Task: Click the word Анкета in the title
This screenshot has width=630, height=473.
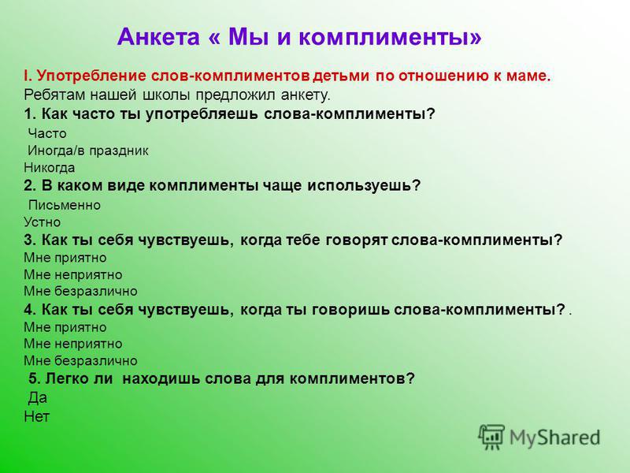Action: tap(158, 36)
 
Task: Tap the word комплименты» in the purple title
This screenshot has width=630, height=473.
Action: tap(390, 37)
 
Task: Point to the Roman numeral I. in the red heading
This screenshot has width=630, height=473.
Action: tap(28, 76)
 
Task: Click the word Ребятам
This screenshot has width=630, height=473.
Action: tap(54, 95)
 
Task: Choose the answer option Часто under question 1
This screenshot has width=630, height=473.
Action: tap(47, 133)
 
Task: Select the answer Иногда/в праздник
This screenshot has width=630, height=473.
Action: tap(88, 151)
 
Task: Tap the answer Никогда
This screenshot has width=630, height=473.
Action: tap(49, 168)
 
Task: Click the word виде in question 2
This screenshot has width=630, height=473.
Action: tap(127, 185)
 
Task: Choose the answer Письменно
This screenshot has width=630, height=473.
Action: tap(65, 205)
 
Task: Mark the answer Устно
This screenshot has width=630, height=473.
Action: tap(43, 222)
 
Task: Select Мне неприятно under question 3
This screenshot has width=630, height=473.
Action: tap(72, 274)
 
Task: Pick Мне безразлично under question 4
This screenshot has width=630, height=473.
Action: tap(80, 360)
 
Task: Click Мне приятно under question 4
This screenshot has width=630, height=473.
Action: tap(65, 327)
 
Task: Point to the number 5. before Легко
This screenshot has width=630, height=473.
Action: tap(35, 378)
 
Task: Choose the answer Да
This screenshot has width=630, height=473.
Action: tap(37, 398)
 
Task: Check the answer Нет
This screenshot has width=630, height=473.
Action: tap(36, 416)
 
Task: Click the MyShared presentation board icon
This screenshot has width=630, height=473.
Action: tap(491, 437)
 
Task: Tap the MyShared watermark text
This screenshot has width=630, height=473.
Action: tap(555, 438)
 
